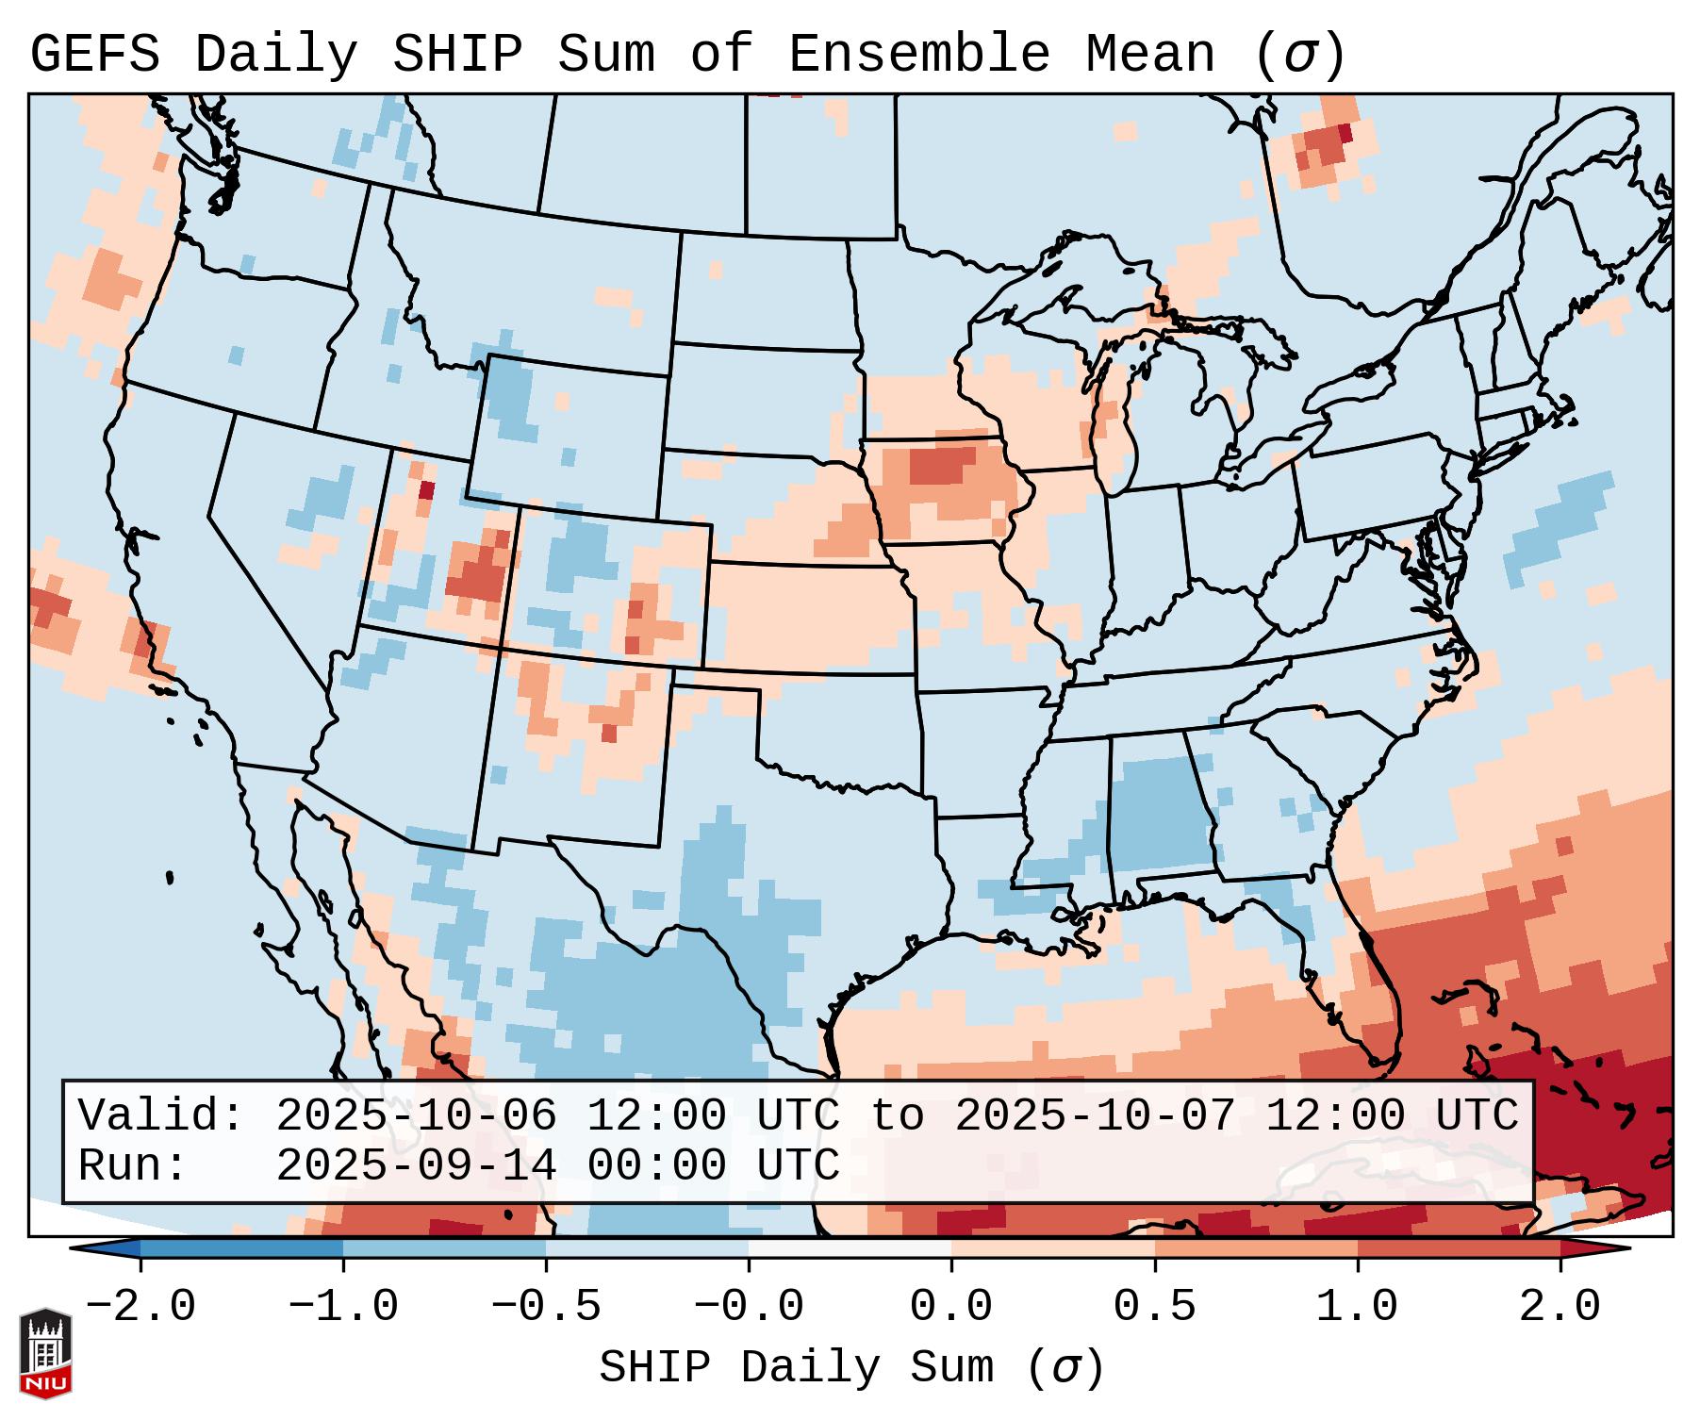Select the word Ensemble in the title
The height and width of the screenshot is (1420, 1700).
click(x=918, y=55)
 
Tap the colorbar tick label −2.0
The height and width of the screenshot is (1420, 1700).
click(x=140, y=1307)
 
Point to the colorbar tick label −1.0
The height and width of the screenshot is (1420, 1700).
click(x=343, y=1307)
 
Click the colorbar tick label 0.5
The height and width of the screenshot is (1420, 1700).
click(x=1154, y=1307)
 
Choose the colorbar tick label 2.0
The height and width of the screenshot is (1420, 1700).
click(x=1560, y=1307)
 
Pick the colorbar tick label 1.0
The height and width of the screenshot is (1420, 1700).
click(x=1357, y=1307)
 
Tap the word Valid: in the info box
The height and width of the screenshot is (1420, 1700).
click(x=161, y=1116)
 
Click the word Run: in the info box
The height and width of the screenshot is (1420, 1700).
click(x=133, y=1166)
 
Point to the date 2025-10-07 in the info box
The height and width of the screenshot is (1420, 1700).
click(x=1095, y=1116)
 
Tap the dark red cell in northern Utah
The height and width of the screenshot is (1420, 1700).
click(x=426, y=490)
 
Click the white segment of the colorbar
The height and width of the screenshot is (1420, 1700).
click(x=850, y=1248)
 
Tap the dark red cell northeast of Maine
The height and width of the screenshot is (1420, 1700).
click(x=1345, y=133)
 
